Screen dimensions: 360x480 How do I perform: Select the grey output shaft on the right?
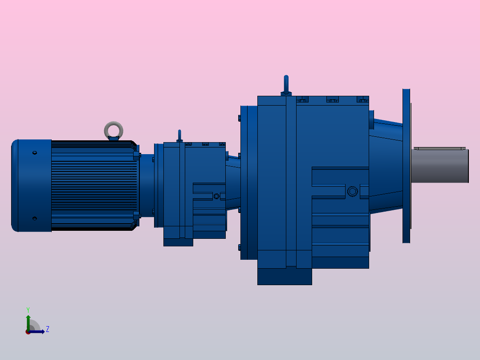(x=439, y=166)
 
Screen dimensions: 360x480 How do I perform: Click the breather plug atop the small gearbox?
(x=179, y=135)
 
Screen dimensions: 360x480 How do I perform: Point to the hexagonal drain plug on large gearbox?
(x=352, y=192)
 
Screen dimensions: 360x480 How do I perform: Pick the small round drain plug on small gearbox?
(x=217, y=196)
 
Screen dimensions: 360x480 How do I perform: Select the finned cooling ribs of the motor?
(x=94, y=185)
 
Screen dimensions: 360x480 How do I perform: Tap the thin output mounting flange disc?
(x=406, y=166)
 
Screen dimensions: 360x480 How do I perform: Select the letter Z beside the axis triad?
(x=47, y=329)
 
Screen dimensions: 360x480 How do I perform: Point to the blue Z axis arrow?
(x=38, y=331)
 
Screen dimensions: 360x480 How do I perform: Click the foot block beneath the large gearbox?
(x=284, y=276)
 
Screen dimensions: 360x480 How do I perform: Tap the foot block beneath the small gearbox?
(x=178, y=242)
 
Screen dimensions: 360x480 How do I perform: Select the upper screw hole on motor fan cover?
(x=35, y=153)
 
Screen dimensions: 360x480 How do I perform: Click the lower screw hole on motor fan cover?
(x=35, y=218)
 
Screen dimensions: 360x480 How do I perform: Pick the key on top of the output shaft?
(x=439, y=148)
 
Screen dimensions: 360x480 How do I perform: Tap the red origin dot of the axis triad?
(x=28, y=332)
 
